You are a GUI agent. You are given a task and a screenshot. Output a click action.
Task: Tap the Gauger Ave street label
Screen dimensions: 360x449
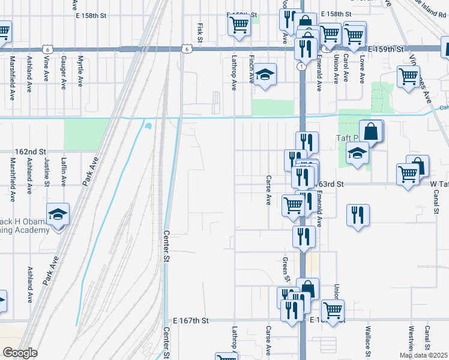[64, 69]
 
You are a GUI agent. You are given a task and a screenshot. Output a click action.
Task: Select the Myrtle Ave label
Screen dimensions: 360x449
[81, 69]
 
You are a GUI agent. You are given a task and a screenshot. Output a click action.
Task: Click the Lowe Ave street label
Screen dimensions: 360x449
[362, 69]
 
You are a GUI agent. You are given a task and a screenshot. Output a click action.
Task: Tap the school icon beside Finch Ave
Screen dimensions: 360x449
[264, 75]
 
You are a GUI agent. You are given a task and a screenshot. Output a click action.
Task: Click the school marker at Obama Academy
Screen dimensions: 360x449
[58, 215]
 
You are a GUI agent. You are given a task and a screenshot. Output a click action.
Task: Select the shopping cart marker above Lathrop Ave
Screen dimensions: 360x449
[239, 25]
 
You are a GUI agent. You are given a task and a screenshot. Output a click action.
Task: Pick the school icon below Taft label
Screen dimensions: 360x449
[357, 154]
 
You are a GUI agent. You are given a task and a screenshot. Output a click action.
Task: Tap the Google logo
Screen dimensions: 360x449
[19, 353]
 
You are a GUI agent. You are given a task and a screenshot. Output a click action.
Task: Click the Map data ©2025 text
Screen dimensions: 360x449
[423, 355]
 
